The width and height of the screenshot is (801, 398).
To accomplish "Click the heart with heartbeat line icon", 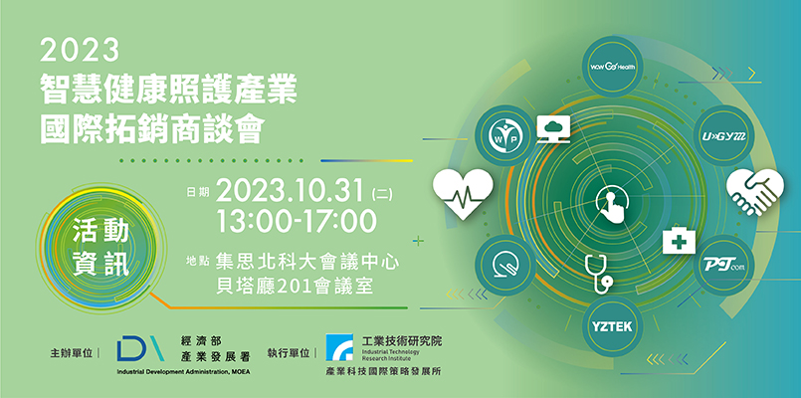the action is [463, 194].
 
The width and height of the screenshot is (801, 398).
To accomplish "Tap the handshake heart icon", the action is [755, 192].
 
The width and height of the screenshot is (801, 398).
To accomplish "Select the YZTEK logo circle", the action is [612, 326].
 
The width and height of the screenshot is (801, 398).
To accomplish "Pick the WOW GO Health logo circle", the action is [613, 67].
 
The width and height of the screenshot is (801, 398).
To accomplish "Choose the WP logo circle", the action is [505, 135].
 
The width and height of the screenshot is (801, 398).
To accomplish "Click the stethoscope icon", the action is [598, 274].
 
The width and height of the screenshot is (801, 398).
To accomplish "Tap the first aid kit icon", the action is [679, 241].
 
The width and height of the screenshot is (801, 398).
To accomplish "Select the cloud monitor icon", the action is [553, 128].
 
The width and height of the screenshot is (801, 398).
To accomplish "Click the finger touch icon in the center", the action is [613, 206].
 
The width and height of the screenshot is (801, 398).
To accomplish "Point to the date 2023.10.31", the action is [291, 191].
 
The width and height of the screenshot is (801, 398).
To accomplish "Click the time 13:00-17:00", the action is [297, 222].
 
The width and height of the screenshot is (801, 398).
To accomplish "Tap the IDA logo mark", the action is [140, 348].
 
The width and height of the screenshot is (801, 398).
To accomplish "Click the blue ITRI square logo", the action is [339, 347].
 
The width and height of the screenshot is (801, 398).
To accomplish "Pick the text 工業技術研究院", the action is [402, 340].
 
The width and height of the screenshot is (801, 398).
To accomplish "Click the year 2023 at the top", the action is [80, 51].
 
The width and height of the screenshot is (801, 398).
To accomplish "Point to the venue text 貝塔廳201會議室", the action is [295, 287].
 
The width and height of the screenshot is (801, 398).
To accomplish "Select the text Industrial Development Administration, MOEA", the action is [183, 371].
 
